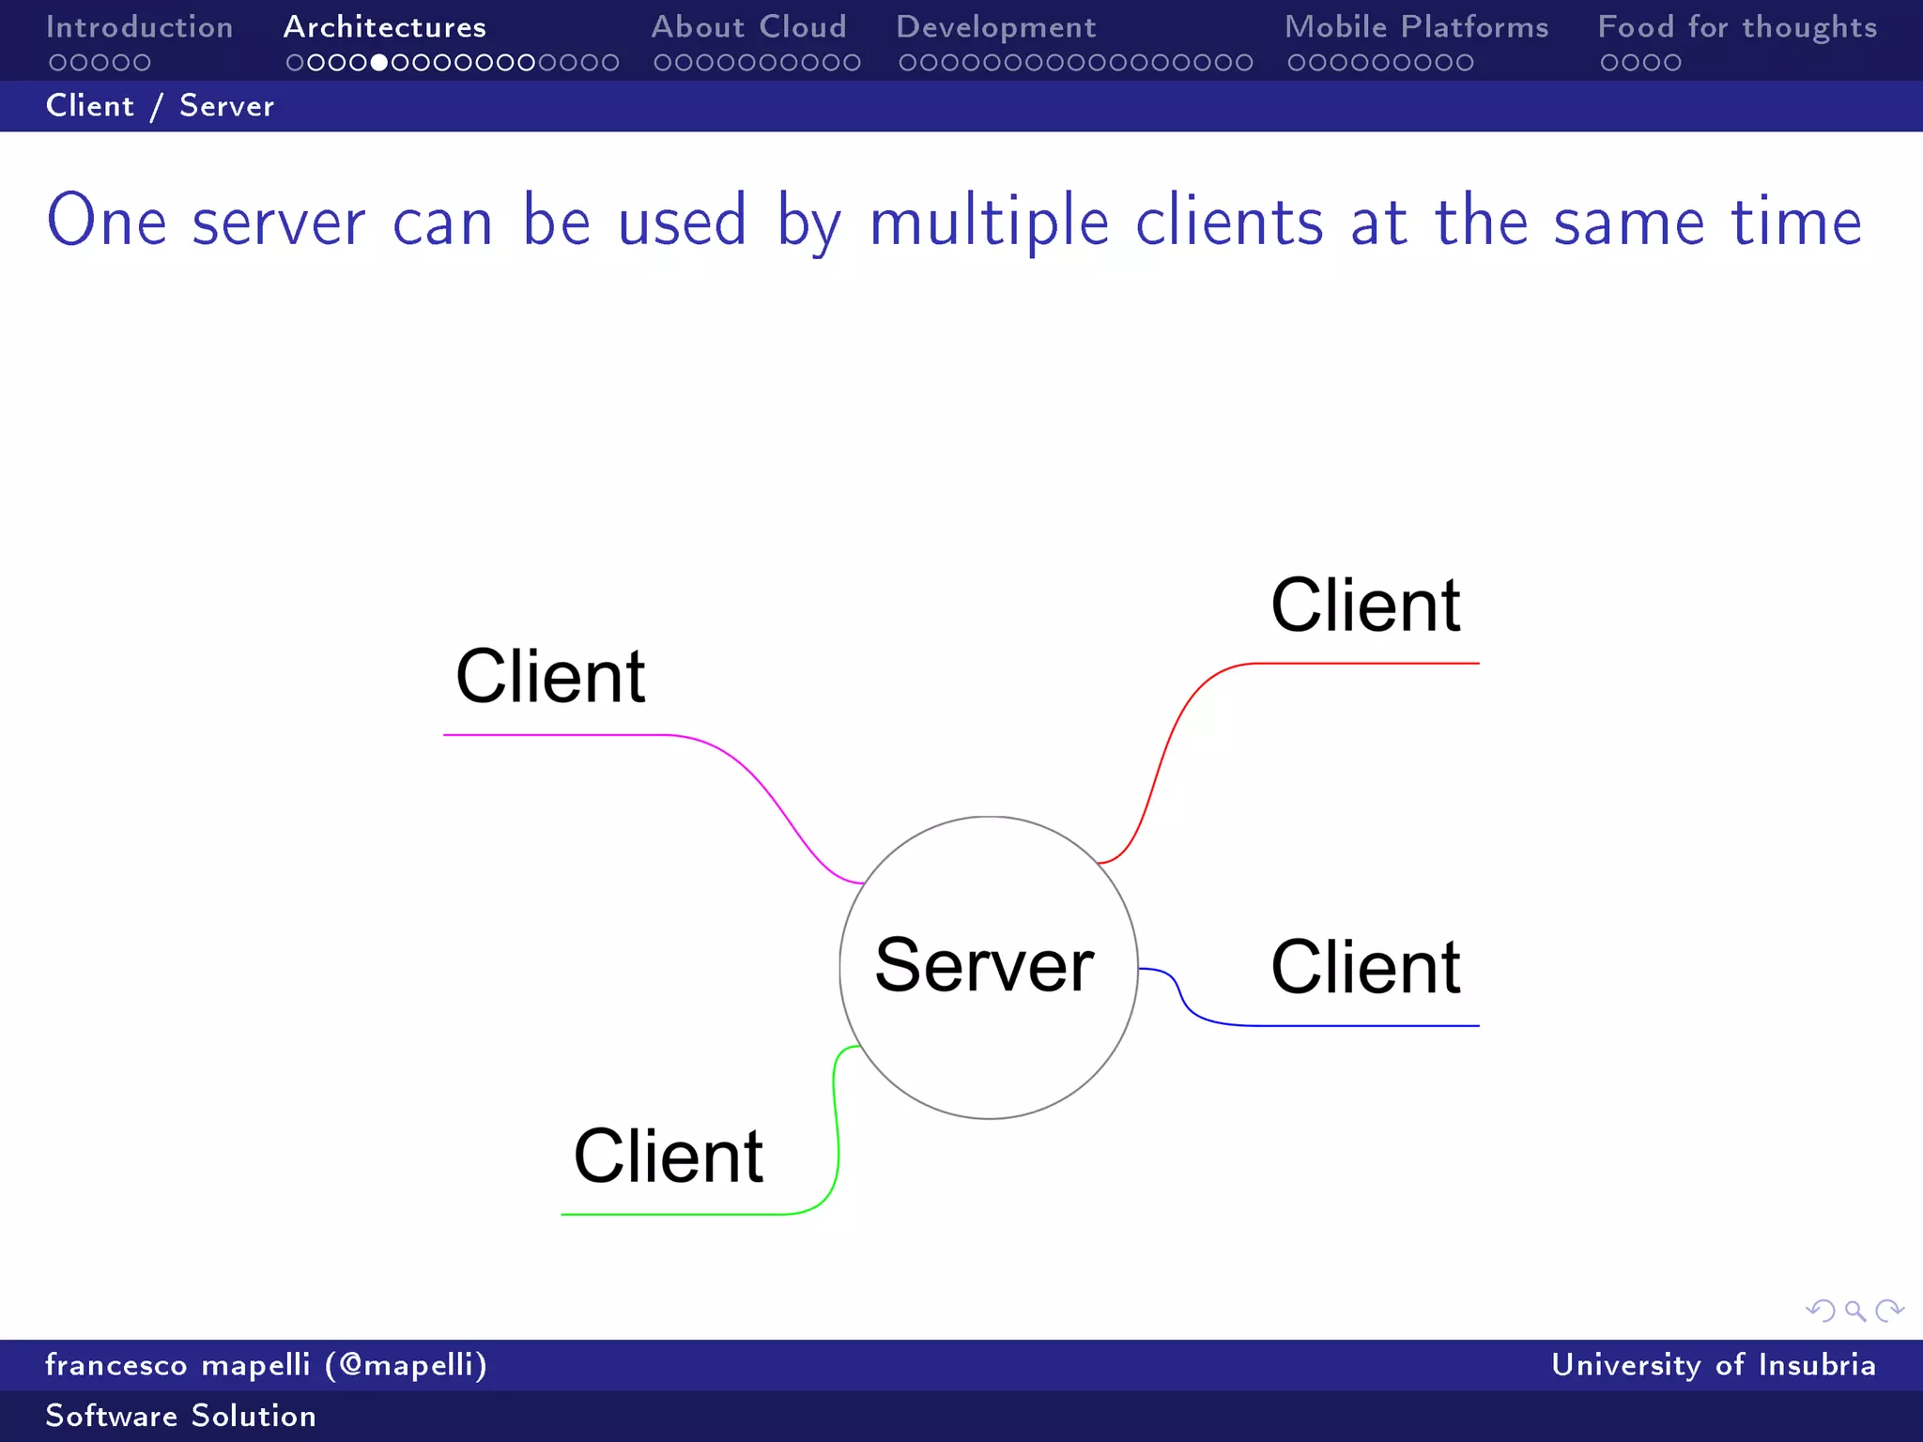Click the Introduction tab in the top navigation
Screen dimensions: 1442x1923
coord(139,27)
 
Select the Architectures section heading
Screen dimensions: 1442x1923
coord(384,27)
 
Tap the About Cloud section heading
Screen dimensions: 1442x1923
coord(748,27)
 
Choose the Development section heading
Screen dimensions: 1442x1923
coord(995,27)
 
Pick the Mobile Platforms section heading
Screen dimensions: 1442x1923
coord(1416,27)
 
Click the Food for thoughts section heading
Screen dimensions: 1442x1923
coord(1737,27)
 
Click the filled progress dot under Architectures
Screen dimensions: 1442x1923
coord(379,63)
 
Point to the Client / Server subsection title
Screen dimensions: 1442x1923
coord(160,106)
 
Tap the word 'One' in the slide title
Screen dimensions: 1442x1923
coord(106,222)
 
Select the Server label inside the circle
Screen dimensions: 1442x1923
coord(984,965)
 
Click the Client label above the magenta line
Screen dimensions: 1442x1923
coord(550,676)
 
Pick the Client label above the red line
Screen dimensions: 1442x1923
coord(1365,606)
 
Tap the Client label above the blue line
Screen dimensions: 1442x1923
coord(1365,967)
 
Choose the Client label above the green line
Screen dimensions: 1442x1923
coord(668,1156)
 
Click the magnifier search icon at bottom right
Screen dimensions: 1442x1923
coord(1854,1311)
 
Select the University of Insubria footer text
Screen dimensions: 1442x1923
coord(1713,1365)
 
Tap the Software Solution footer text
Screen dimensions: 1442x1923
coord(180,1416)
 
